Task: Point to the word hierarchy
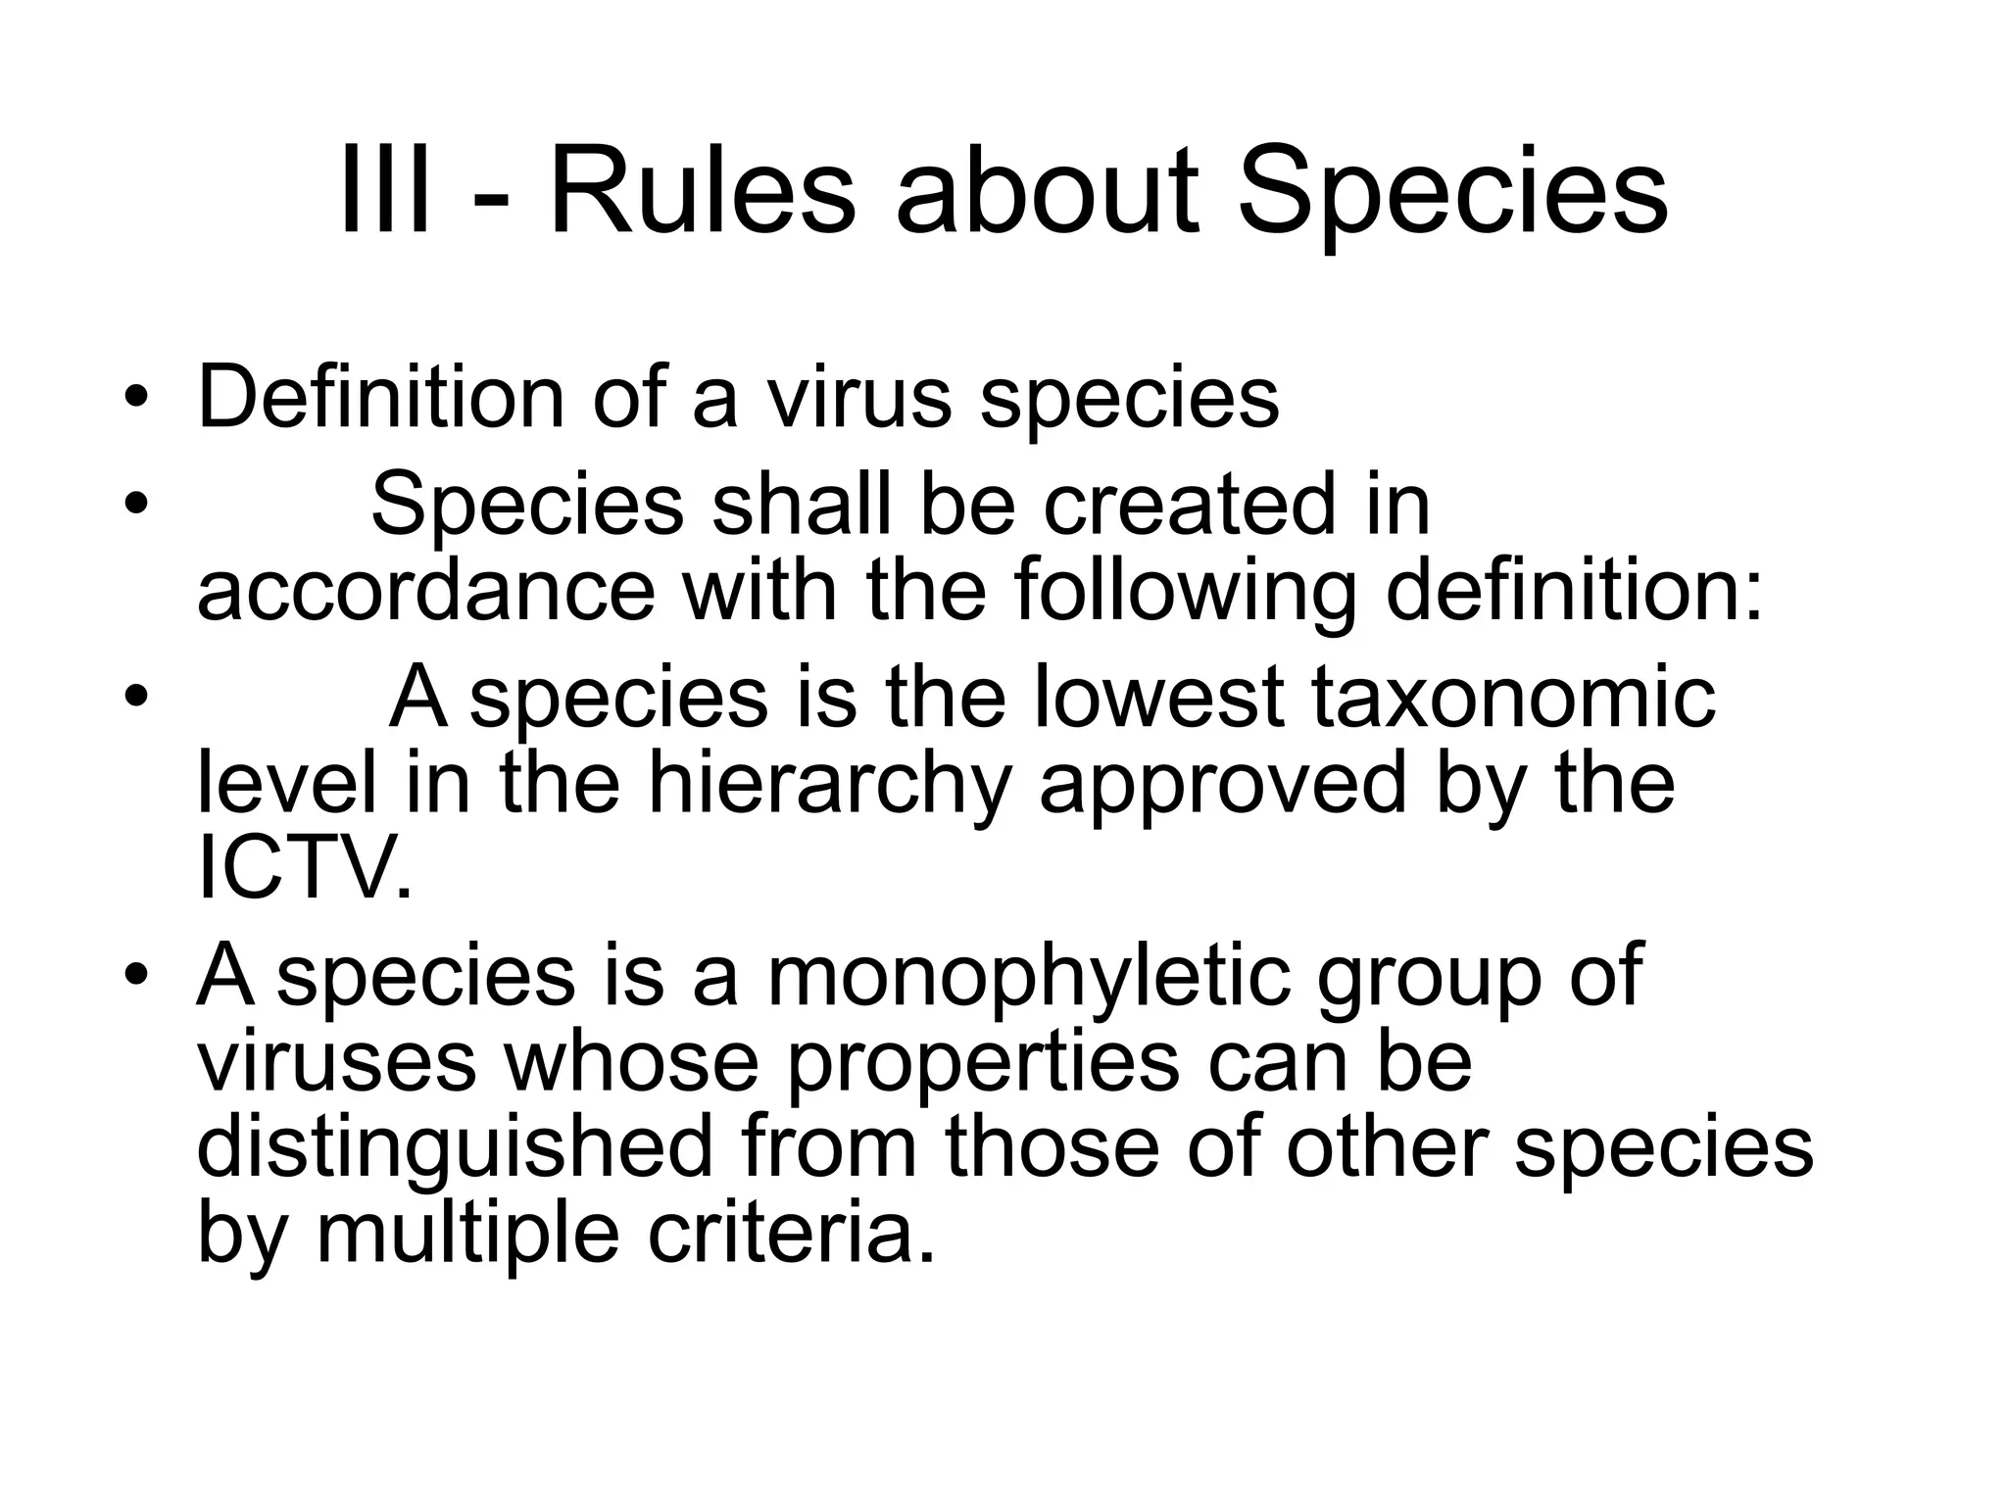click(829, 786)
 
